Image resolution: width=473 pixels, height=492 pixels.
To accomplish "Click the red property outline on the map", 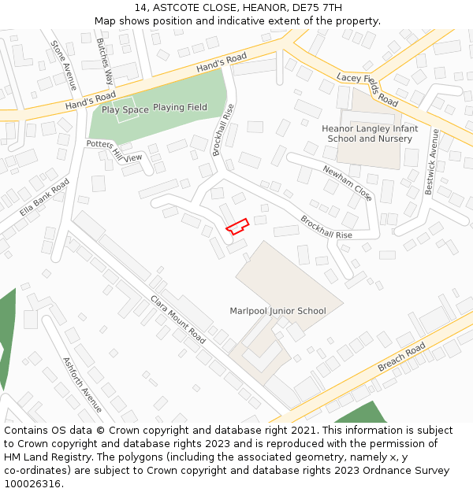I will [x=237, y=226].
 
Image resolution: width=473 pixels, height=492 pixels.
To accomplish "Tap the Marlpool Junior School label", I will [x=277, y=311].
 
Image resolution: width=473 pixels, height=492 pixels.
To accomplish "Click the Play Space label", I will [x=125, y=110].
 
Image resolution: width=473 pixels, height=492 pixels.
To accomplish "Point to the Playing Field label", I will [x=180, y=107].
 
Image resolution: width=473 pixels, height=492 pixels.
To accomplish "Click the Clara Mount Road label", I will [x=178, y=320].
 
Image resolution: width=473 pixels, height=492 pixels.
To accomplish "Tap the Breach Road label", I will [x=401, y=357].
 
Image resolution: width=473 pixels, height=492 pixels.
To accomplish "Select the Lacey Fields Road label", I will [x=367, y=89].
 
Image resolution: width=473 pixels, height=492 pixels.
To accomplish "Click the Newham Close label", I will [x=347, y=183].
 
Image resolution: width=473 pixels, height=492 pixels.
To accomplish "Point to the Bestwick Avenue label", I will [x=431, y=162].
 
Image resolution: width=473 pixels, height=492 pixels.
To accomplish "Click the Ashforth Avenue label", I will [x=82, y=384].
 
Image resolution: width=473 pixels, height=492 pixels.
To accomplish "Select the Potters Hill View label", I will [x=114, y=151].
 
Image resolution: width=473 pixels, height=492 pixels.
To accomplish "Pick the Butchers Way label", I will [x=105, y=61].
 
